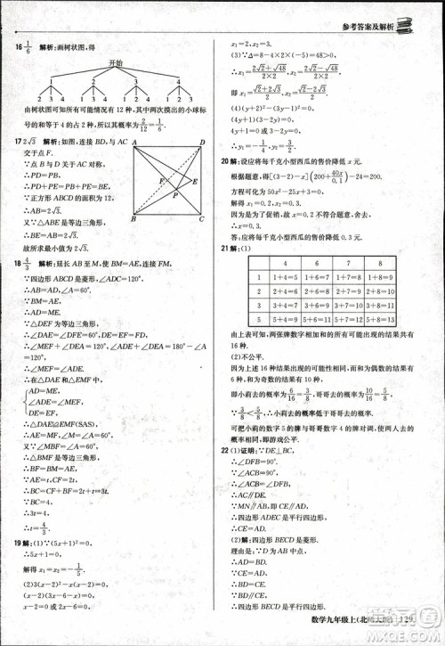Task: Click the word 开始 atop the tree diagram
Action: (x=112, y=64)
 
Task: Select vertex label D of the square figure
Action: (x=203, y=142)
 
